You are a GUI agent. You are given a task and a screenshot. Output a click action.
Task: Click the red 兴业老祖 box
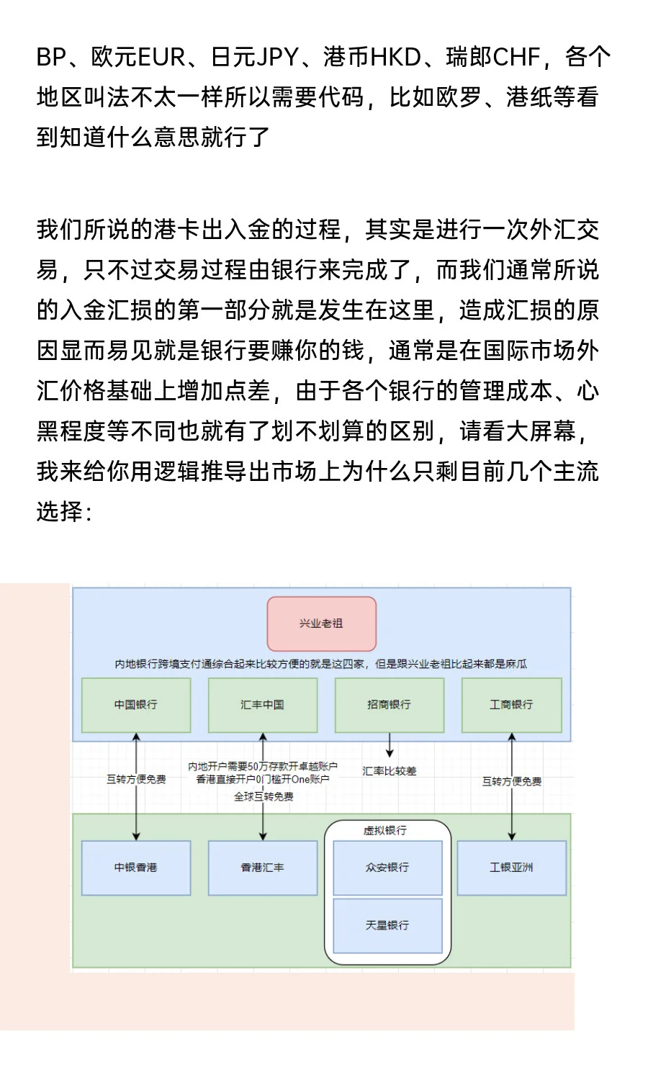[321, 624]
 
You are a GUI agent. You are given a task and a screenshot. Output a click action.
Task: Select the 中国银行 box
[136, 705]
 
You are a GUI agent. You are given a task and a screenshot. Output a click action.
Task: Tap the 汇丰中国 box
[263, 705]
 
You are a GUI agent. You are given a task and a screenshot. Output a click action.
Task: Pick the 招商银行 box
[389, 705]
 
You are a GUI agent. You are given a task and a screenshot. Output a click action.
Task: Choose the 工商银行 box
[511, 705]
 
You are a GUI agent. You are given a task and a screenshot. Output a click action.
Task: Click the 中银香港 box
[136, 868]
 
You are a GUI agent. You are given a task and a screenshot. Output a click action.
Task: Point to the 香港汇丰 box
[263, 868]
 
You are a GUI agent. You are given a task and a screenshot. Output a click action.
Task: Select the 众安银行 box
[387, 868]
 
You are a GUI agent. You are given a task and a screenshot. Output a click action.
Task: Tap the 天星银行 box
[387, 925]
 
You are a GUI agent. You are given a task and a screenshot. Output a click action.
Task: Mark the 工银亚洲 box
[511, 868]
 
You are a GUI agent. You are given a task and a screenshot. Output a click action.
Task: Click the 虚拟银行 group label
[385, 831]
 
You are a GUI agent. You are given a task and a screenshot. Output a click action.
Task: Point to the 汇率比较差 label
[390, 771]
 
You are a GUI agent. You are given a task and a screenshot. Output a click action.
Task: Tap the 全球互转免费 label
[264, 796]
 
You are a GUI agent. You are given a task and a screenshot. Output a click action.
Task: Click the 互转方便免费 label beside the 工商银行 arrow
[512, 781]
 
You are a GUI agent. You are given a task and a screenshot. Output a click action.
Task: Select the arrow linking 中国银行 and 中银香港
[136, 814]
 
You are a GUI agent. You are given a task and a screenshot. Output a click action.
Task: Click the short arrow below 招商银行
[390, 745]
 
